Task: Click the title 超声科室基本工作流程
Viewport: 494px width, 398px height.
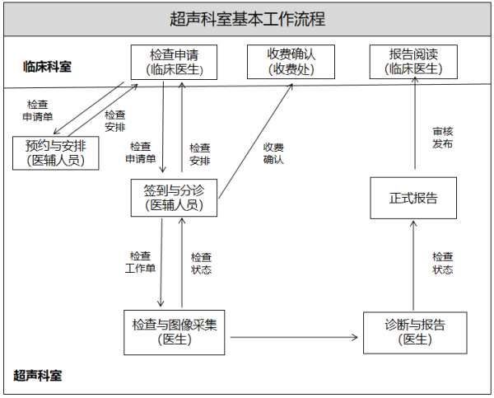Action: (247, 19)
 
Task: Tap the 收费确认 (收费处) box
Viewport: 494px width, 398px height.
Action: (291, 62)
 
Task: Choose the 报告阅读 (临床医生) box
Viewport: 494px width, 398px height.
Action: (413, 62)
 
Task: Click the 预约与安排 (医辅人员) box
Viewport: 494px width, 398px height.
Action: (56, 153)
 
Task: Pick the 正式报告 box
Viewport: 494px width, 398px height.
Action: (413, 198)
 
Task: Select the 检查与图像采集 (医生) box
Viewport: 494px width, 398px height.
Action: (174, 332)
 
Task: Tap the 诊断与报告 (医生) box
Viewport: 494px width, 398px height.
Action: (415, 332)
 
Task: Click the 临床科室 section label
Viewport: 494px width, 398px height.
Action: (47, 67)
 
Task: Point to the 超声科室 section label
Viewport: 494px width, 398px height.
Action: (38, 376)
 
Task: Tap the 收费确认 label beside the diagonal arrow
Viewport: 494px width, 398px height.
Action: (273, 153)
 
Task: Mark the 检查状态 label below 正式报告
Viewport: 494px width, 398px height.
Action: (442, 263)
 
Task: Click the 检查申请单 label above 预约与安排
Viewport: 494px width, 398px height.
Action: (37, 110)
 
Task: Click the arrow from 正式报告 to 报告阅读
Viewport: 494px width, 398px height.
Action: (414, 128)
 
